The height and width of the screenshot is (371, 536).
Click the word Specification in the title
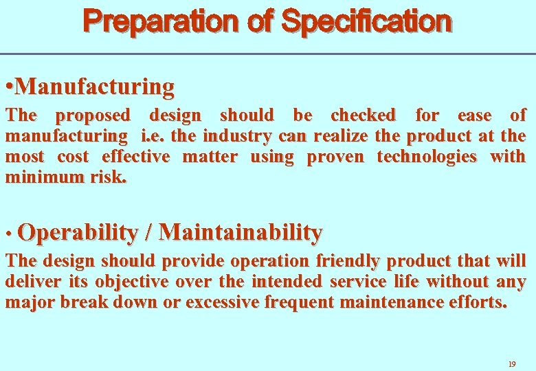point(367,22)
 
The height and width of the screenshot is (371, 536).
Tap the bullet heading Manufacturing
point(95,87)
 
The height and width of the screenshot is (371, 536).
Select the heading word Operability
point(78,233)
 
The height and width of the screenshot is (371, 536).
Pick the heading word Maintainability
point(240,233)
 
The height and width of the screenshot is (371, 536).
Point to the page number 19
point(511,363)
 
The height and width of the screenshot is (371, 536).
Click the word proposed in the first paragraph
point(92,115)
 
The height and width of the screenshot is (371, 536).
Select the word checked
point(363,115)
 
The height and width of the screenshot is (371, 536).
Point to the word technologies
point(427,157)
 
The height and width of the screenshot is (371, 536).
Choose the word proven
point(335,157)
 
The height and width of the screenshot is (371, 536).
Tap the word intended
point(287,282)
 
